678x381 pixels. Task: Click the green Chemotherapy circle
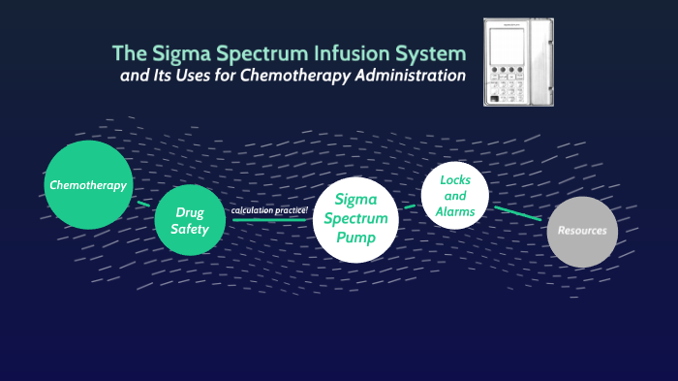click(88, 184)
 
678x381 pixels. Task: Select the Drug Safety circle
click(190, 220)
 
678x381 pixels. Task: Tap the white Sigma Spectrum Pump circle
click(355, 220)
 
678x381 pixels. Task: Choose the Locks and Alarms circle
click(454, 196)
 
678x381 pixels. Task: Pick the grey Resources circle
click(582, 231)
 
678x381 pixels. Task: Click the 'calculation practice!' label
click(269, 210)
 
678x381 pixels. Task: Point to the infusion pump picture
click(518, 62)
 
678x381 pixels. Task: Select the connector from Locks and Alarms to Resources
click(517, 213)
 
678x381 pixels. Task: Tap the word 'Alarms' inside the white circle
click(454, 211)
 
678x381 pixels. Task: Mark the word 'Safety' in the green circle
click(190, 229)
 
